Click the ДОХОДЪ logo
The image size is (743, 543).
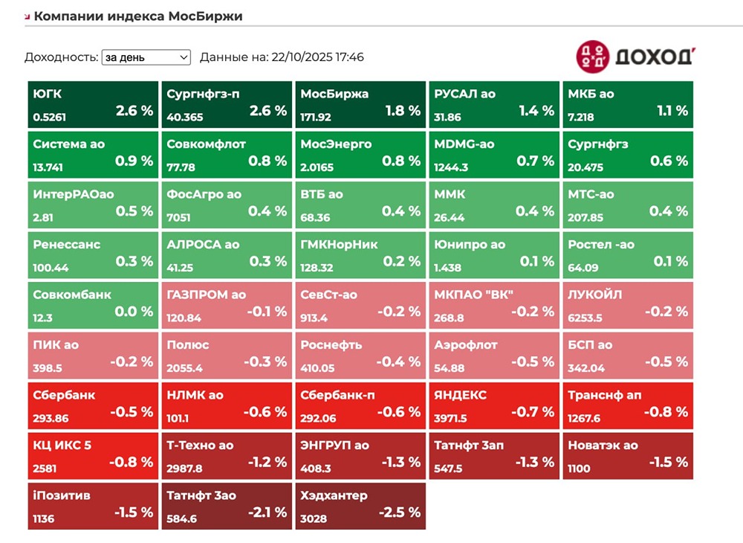point(634,57)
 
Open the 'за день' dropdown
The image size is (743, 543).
point(146,57)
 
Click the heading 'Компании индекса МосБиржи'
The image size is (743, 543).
point(138,16)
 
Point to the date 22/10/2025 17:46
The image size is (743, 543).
point(318,57)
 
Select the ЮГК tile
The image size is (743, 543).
point(93,105)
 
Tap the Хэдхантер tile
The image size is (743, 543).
point(360,507)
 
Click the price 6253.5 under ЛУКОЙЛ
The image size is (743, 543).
point(585,318)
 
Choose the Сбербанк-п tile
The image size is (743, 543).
point(360,406)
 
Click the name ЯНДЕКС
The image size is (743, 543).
point(461,395)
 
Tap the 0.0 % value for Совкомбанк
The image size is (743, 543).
point(134,312)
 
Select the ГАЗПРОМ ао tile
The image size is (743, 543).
point(227,306)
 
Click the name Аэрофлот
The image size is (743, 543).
point(466,345)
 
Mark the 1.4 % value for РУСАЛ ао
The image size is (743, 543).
point(536,111)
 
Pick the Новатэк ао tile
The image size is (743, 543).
point(628,456)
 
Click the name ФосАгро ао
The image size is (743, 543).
point(204,194)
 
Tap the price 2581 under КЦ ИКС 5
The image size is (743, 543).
point(45,468)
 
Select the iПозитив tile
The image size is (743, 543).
point(93,507)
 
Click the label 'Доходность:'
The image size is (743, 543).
point(61,57)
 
